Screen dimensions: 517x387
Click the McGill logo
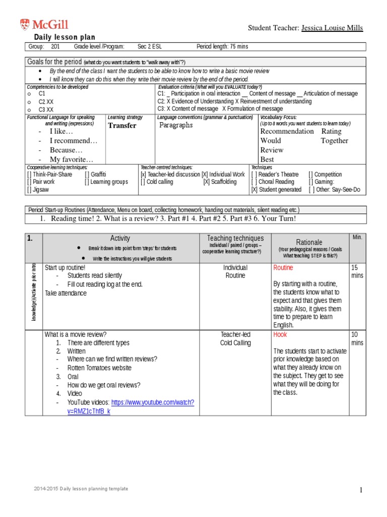point(44,24)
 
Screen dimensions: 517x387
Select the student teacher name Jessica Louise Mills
point(332,27)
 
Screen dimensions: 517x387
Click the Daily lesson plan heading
point(64,37)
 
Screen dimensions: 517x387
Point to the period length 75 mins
point(222,47)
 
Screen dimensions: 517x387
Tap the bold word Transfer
point(122,125)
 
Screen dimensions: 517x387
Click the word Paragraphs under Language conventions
point(176,125)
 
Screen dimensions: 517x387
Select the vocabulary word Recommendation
point(287,131)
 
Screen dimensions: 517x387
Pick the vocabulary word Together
point(335,141)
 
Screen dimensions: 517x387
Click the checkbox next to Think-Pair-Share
point(30,174)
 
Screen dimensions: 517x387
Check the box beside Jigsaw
point(30,189)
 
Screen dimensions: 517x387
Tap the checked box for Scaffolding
point(207,182)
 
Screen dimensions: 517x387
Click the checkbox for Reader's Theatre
point(254,174)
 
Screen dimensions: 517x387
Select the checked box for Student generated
point(254,189)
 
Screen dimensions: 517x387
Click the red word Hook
point(280,334)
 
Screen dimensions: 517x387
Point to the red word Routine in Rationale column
point(283,268)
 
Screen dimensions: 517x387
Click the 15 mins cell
point(357,272)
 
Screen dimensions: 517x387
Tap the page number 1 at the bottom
point(361,490)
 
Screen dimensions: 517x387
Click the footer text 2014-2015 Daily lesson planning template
point(81,489)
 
